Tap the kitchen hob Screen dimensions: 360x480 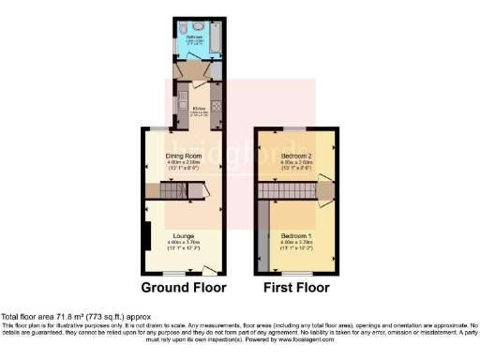tap(217, 106)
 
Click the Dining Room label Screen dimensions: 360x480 tap(185, 156)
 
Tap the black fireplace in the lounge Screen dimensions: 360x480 tap(146, 233)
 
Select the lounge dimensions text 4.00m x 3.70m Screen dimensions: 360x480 tap(184, 242)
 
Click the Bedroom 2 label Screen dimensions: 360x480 tap(296, 156)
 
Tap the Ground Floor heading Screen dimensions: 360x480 tap(184, 287)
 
